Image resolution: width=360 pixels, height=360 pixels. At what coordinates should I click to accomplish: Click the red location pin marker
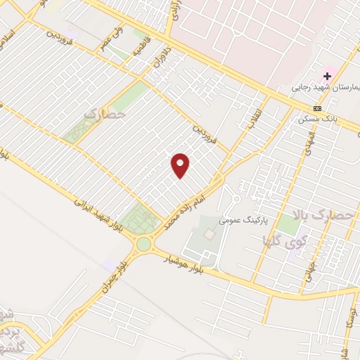pos(181,165)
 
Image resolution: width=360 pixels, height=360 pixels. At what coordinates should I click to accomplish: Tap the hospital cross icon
pos(328,76)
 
